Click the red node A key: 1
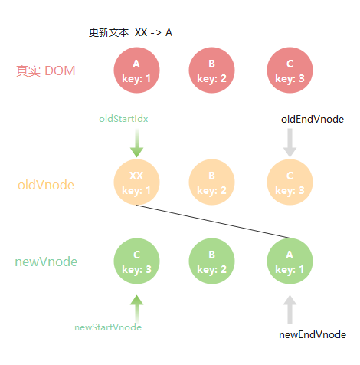pos(136,71)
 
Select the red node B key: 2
pos(211,71)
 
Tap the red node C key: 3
pos(290,71)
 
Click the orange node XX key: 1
pos(136,182)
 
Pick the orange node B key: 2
pos(211,182)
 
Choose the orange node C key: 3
pos(290,182)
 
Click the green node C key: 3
pos(136,261)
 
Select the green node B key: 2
pos(211,261)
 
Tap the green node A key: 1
pos(290,261)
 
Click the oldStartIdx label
pos(123,119)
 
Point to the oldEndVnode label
pos(313,120)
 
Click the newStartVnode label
pos(108,327)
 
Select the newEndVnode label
pos(313,335)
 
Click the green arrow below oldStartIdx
pos(137,143)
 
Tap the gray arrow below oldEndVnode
pos(290,143)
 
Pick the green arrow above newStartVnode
pos(137,310)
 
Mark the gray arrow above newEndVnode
pos(290,310)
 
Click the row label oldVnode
pos(46,185)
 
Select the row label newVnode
pos(46,261)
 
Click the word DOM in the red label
pos(60,71)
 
